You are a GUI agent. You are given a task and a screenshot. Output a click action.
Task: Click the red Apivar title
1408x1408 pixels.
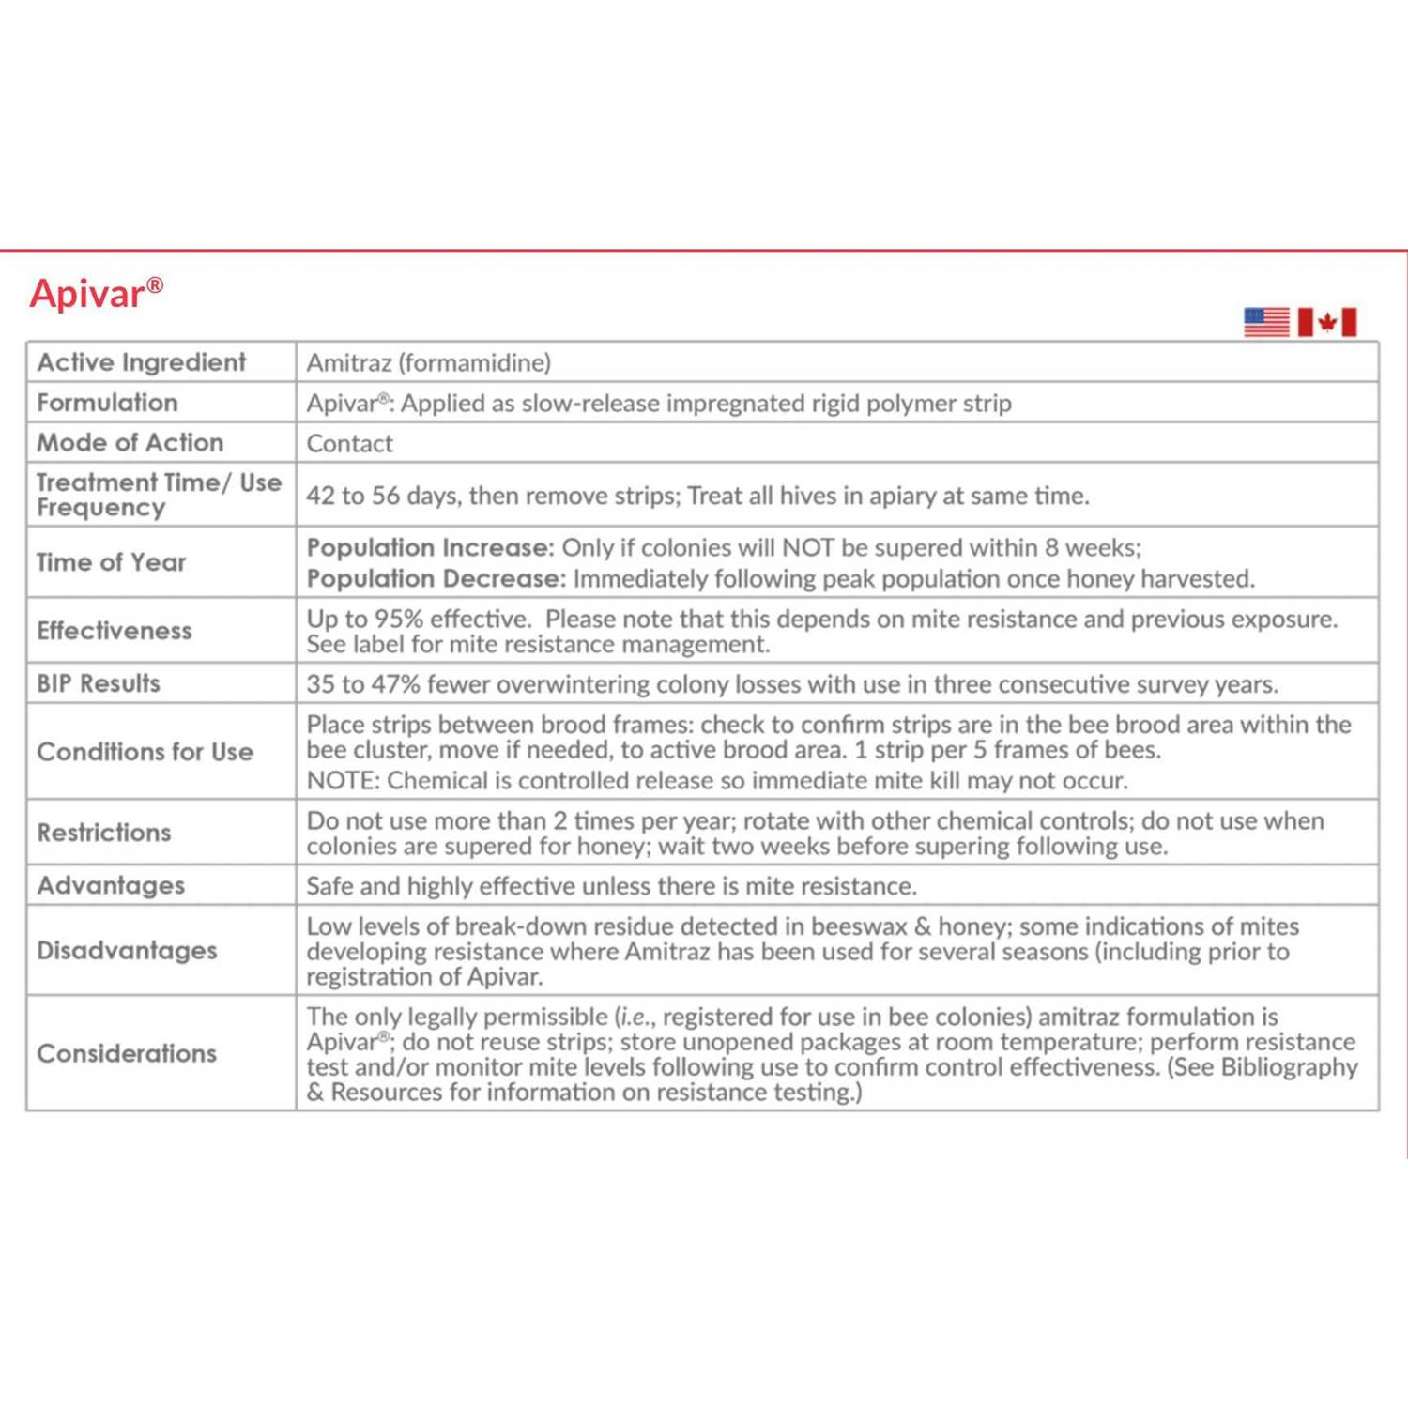96,294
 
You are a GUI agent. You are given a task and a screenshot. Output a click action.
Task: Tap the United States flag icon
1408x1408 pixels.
1266,322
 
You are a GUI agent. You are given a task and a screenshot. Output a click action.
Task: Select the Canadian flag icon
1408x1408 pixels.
1326,322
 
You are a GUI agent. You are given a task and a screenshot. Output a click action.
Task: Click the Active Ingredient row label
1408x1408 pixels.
141,362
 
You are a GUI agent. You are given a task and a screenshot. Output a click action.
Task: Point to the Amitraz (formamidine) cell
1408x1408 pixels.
429,362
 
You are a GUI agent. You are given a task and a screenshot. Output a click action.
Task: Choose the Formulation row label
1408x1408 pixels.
107,403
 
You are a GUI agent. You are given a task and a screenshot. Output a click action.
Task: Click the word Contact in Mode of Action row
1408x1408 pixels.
349,443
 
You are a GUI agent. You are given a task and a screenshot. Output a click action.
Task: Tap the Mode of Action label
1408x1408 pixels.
130,442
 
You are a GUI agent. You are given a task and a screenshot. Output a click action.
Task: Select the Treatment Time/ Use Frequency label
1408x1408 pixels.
158,495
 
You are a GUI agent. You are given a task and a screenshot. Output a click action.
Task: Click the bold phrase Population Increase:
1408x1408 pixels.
430,547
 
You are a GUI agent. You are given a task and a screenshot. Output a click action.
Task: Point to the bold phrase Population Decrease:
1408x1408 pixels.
436,578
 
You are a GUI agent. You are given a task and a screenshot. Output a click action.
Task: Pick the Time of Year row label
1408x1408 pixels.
111,562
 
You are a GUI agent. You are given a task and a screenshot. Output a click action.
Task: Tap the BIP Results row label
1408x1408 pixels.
98,683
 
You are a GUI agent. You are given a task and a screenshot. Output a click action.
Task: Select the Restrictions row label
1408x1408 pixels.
103,833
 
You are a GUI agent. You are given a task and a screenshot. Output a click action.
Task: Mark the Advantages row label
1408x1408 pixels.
110,885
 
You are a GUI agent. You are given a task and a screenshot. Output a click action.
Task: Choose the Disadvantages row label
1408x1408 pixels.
127,951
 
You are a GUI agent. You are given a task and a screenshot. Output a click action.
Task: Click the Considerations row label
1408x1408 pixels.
127,1053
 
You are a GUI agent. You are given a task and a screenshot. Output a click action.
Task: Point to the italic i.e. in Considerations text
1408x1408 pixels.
635,1017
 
